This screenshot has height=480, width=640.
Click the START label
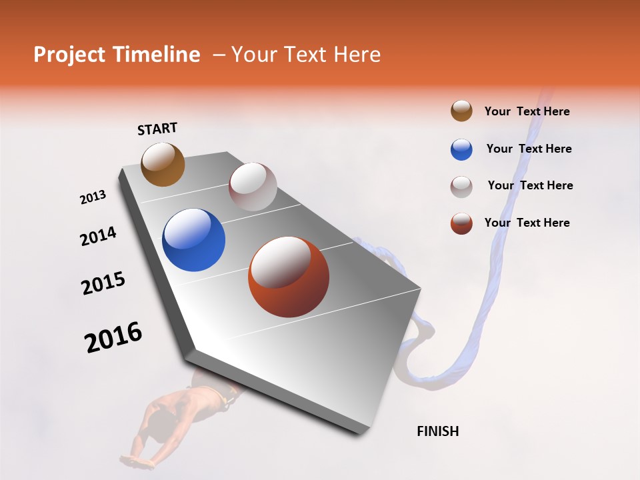[x=157, y=129]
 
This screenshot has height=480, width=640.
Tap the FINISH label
[x=437, y=431]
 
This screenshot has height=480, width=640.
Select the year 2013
[x=93, y=197]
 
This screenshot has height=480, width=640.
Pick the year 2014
[x=98, y=237]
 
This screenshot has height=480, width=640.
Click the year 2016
[x=113, y=337]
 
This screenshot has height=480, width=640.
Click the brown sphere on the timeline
[x=163, y=165]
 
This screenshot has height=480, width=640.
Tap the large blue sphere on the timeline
[x=193, y=240]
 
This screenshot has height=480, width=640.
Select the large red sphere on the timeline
[x=288, y=277]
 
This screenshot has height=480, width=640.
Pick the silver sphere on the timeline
[x=253, y=187]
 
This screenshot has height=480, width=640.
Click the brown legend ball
[x=461, y=111]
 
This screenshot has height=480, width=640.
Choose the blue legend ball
[x=461, y=149]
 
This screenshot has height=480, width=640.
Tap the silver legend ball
[x=461, y=187]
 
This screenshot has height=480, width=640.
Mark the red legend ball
[x=461, y=223]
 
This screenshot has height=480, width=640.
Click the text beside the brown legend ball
[x=527, y=111]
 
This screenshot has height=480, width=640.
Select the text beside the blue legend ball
[x=529, y=149]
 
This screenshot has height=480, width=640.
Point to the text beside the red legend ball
[x=527, y=223]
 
